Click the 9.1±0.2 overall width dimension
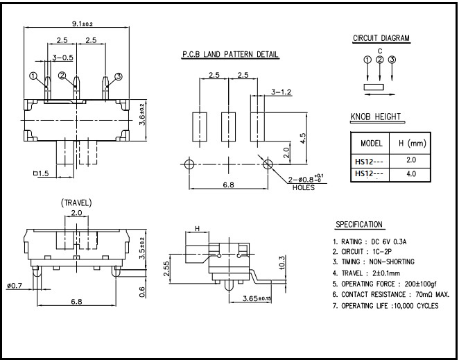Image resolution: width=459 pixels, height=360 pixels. (x=83, y=24)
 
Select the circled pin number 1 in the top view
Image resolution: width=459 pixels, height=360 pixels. (x=33, y=76)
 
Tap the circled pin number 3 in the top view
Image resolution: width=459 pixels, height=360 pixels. (x=119, y=76)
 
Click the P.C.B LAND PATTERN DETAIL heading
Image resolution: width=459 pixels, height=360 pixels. (x=230, y=55)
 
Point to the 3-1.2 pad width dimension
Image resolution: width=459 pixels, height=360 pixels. (x=281, y=92)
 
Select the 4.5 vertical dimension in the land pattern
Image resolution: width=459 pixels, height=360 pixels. (x=303, y=138)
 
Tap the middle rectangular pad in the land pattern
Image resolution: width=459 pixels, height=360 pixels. (x=228, y=127)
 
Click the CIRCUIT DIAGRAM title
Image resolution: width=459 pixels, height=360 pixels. (x=381, y=38)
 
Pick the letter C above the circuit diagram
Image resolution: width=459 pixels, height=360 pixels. (x=380, y=51)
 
